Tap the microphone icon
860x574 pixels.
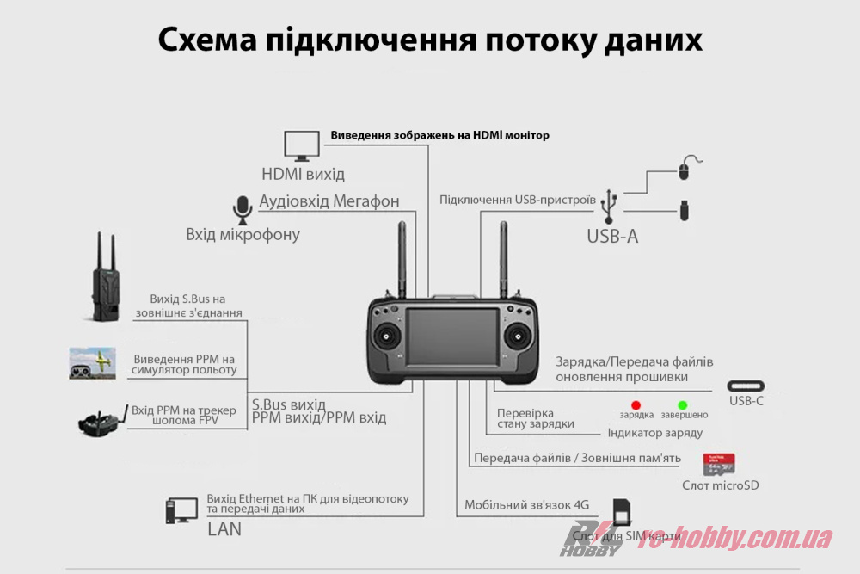point(242,209)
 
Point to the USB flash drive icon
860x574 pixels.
point(685,210)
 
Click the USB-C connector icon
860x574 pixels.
point(746,386)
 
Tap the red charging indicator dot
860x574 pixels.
point(636,404)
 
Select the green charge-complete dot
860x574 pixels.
point(683,404)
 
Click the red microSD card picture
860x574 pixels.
point(719,465)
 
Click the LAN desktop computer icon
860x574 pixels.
point(181,511)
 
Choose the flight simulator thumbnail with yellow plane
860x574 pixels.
point(92,363)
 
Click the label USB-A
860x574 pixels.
point(612,236)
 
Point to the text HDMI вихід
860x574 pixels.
point(303,174)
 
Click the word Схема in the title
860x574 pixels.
point(206,40)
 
